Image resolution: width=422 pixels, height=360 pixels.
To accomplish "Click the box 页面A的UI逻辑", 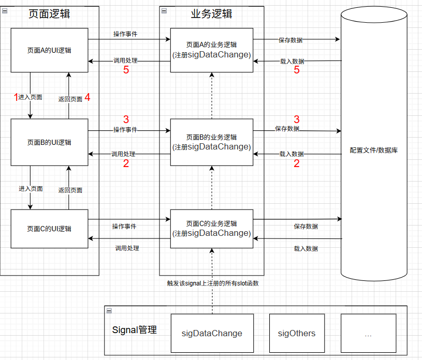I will click(x=49, y=50).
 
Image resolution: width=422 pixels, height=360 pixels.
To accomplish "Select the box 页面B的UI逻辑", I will click(x=49, y=142).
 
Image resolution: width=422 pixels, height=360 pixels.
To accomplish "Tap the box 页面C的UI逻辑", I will click(x=49, y=229).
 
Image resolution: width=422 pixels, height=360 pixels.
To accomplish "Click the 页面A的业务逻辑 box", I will click(x=211, y=50).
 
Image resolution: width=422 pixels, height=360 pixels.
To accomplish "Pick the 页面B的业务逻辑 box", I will click(x=211, y=142).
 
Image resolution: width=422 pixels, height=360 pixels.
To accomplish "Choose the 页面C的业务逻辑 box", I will click(x=211, y=229).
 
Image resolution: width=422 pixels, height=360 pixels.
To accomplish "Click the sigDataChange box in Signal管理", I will click(x=212, y=333).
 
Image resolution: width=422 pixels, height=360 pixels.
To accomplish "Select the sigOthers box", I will click(x=296, y=333).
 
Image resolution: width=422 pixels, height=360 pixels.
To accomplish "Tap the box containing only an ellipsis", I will click(x=368, y=333).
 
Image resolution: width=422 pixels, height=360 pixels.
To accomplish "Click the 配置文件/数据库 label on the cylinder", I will click(x=374, y=151).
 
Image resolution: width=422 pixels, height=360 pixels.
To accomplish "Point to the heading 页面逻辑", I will click(x=49, y=14).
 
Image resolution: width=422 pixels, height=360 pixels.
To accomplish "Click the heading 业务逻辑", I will click(x=211, y=14).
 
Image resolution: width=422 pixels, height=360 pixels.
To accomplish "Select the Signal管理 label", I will click(x=135, y=329).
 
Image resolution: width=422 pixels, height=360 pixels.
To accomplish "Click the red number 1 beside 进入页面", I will click(x=16, y=97).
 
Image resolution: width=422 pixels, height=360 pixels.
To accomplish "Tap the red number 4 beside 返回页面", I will click(x=88, y=97).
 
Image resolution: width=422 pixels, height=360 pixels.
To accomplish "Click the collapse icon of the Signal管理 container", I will click(x=109, y=310).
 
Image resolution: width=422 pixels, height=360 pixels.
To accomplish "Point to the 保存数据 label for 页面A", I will click(x=290, y=40).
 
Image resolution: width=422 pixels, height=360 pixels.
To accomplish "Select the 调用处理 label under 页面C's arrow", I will click(x=127, y=248).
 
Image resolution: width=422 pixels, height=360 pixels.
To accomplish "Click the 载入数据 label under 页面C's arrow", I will click(x=305, y=249).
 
